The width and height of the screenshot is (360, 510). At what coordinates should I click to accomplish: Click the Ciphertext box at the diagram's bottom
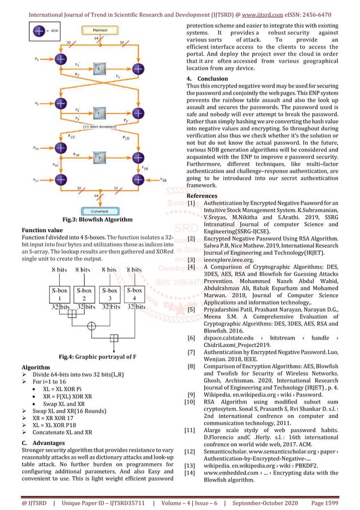click(96, 212)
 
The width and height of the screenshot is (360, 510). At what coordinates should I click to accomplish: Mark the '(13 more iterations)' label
click(102, 126)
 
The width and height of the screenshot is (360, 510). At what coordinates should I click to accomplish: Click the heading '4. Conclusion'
click(207, 79)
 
